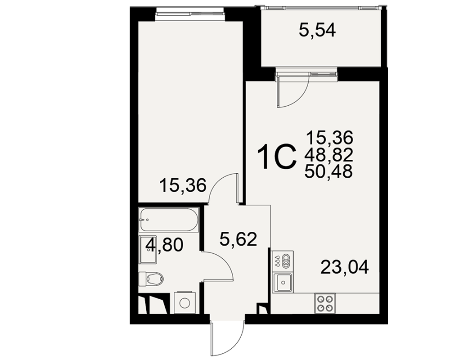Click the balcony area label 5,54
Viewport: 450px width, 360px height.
click(317, 30)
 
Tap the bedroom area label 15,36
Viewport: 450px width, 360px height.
click(183, 185)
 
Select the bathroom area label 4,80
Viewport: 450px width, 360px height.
click(164, 245)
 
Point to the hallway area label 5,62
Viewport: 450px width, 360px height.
click(238, 239)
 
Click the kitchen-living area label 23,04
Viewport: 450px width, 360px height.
click(344, 267)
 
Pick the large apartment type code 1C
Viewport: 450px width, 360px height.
click(277, 157)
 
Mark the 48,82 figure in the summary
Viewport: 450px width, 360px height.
click(328, 155)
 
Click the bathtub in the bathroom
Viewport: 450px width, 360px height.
click(169, 220)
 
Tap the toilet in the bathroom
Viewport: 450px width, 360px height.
click(151, 279)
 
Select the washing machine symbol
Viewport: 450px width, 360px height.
click(184, 302)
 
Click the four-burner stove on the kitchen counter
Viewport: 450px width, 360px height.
click(325, 303)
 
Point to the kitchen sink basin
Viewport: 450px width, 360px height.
click(283, 283)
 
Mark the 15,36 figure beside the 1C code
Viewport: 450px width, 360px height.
click(329, 138)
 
